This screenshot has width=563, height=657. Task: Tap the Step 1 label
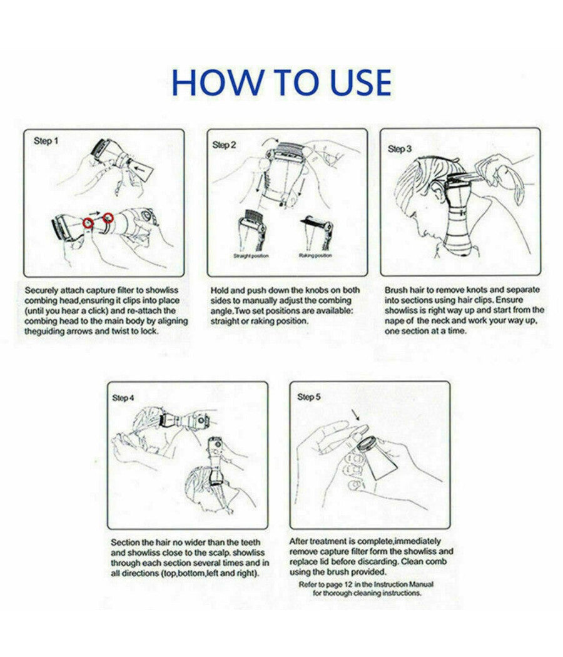46,141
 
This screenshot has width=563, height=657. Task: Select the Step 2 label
224,145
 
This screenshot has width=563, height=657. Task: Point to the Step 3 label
400,149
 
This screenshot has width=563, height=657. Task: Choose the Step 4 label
123,397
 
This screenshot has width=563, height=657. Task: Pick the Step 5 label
309,396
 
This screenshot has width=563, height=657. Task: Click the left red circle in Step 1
88,223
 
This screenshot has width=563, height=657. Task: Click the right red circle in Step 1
108,218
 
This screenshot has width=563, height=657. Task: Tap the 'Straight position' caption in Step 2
250,255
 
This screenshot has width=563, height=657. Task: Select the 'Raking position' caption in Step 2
315,255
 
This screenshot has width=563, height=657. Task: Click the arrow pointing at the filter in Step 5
356,415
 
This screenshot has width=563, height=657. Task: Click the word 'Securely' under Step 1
41,290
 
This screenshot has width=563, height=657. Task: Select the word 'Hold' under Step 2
220,290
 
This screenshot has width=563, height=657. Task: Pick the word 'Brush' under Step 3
396,290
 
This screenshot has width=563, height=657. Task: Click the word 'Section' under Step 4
125,542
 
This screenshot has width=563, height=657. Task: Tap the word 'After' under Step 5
299,541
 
